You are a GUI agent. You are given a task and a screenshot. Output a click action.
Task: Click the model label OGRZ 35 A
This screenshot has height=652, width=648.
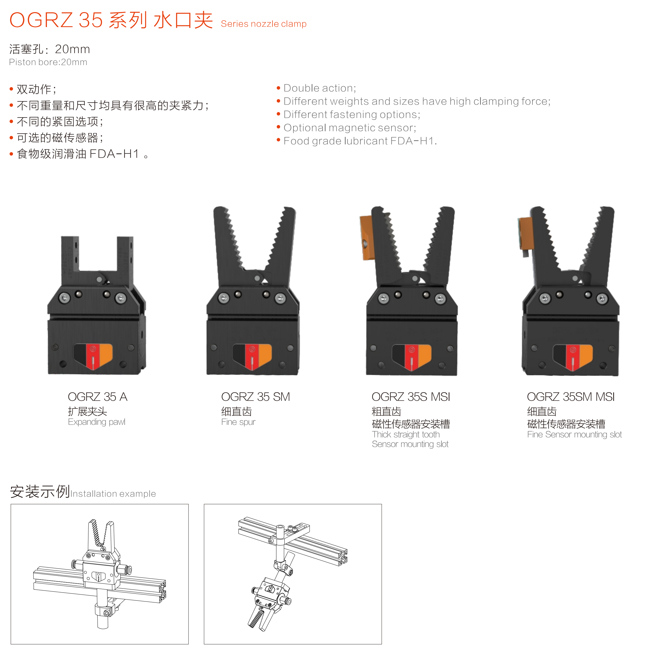point(97,397)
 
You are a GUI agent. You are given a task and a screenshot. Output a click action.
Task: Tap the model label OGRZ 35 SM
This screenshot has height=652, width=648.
point(255,397)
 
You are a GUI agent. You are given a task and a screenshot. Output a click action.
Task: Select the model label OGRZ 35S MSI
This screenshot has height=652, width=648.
point(411,397)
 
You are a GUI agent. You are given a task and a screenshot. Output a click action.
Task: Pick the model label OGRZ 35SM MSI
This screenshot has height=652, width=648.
point(570,397)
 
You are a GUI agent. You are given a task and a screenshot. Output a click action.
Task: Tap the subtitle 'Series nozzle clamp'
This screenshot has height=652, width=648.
point(264,24)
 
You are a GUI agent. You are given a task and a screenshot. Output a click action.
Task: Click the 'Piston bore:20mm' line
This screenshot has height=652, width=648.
point(48,62)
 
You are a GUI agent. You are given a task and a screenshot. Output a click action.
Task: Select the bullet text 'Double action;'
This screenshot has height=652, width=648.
point(320,88)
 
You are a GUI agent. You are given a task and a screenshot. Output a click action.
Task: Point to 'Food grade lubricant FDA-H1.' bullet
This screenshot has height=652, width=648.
point(360,141)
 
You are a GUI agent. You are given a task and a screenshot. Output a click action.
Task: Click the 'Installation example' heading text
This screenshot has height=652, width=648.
point(113,493)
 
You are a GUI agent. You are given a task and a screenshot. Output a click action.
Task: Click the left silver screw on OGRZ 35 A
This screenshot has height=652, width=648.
point(64,298)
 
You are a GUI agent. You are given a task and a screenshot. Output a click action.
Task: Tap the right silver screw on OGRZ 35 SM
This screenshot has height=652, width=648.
point(280,298)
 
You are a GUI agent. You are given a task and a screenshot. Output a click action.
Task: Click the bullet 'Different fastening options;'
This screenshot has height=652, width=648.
point(352,114)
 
